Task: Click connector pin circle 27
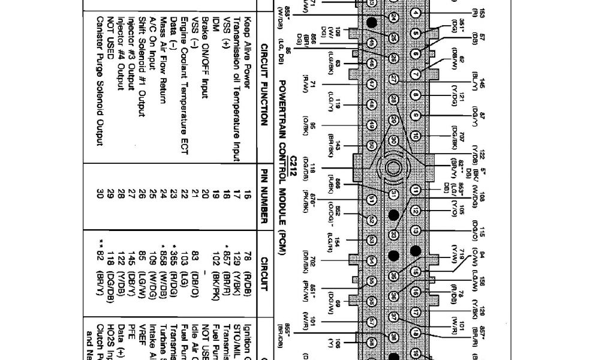tap(393, 79)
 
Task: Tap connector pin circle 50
tap(371, 145)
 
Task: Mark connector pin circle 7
tap(416, 74)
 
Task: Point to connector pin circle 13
tap(416, 230)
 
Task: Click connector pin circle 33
tap(393, 234)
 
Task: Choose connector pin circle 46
tap(371, 62)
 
